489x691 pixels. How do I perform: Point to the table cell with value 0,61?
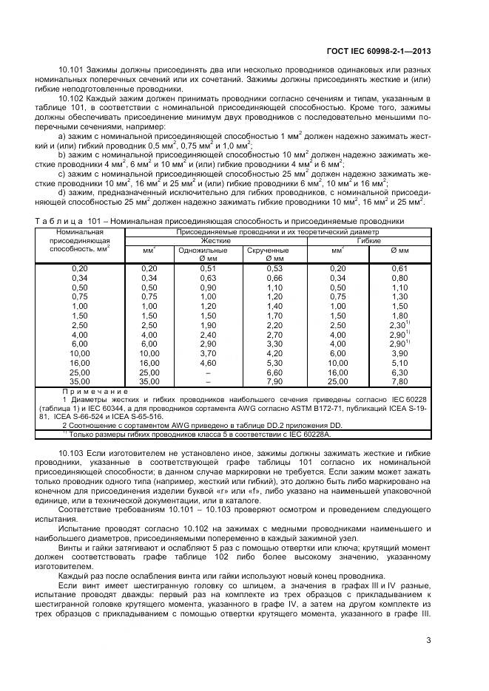(x=399, y=268)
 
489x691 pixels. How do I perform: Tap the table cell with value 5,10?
(x=399, y=363)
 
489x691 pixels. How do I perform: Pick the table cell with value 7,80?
(x=399, y=382)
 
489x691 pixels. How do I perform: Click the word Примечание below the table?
(x=96, y=391)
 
